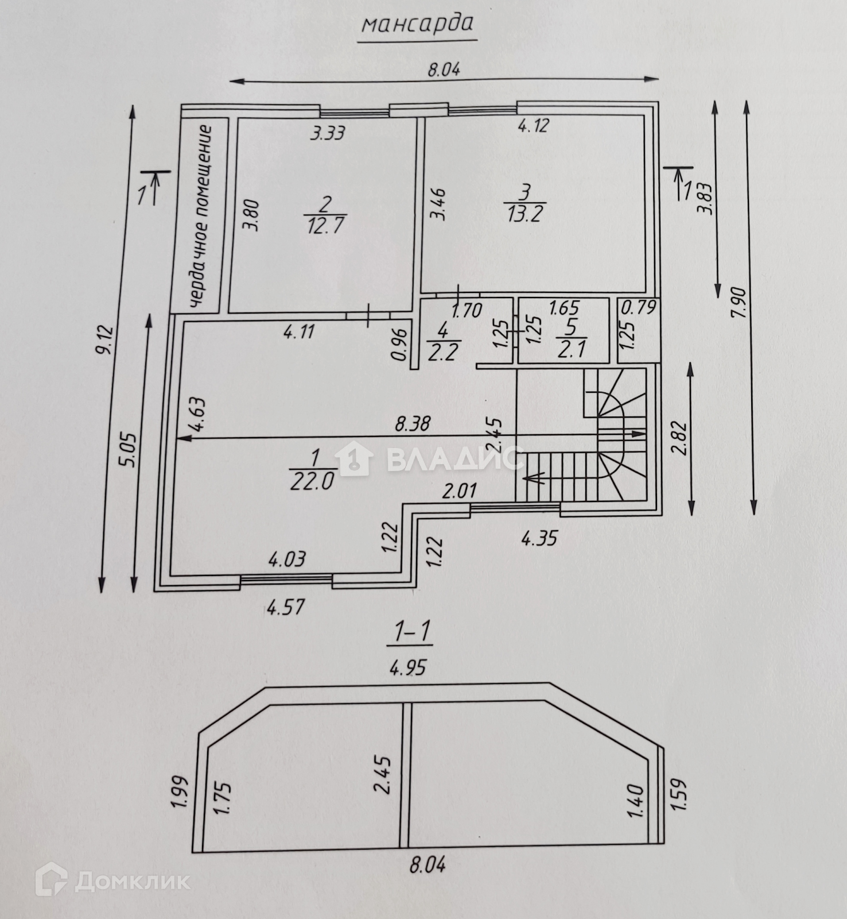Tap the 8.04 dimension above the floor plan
(x=444, y=70)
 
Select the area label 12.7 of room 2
(x=325, y=224)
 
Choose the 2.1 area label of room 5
(x=572, y=349)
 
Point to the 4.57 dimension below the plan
(x=285, y=607)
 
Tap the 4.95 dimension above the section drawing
(x=409, y=667)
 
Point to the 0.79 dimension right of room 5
(x=639, y=308)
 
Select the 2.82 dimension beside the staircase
(x=681, y=439)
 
